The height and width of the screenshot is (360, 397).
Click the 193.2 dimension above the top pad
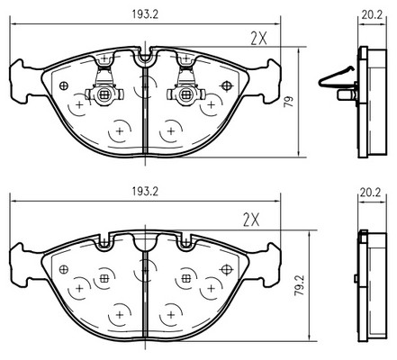tap(145, 14)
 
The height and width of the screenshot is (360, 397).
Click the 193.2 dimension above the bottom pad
tap(145, 192)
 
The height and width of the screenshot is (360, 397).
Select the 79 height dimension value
tap(289, 102)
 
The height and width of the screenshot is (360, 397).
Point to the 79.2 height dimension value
tap(299, 285)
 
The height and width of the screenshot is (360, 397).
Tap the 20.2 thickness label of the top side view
tap(372, 14)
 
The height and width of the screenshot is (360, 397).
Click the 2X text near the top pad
tap(258, 39)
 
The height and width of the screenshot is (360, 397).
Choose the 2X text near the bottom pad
tap(251, 220)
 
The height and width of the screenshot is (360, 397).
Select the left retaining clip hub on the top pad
tap(104, 95)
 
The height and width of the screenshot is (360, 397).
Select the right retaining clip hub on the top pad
tap(186, 95)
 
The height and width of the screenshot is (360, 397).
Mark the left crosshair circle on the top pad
tap(64, 86)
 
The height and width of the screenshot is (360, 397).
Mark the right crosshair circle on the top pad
tap(227, 86)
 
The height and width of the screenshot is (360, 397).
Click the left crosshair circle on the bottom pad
tap(64, 269)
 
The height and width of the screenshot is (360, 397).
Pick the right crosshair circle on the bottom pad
tap(227, 270)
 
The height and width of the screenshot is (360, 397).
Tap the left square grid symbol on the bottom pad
tap(104, 278)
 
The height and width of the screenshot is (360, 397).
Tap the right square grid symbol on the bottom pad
tap(186, 278)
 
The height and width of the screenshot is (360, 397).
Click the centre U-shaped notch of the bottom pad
tap(145, 243)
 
